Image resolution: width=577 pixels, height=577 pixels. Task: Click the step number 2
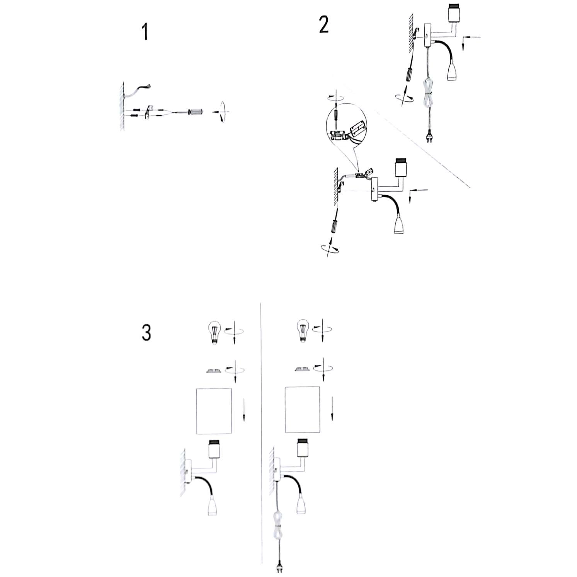coord(324,25)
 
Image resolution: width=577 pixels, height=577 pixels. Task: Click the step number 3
coord(146,332)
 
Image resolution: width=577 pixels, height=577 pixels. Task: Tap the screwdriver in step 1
coord(196,112)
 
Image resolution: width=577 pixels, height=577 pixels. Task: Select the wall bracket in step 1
coord(148,112)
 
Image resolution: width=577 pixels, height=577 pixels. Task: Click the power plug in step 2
coord(429,137)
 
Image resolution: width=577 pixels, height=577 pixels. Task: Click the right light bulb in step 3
coord(301,331)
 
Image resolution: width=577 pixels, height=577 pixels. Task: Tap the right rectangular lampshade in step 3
coord(303,410)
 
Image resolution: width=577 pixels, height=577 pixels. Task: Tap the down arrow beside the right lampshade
coord(332,409)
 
